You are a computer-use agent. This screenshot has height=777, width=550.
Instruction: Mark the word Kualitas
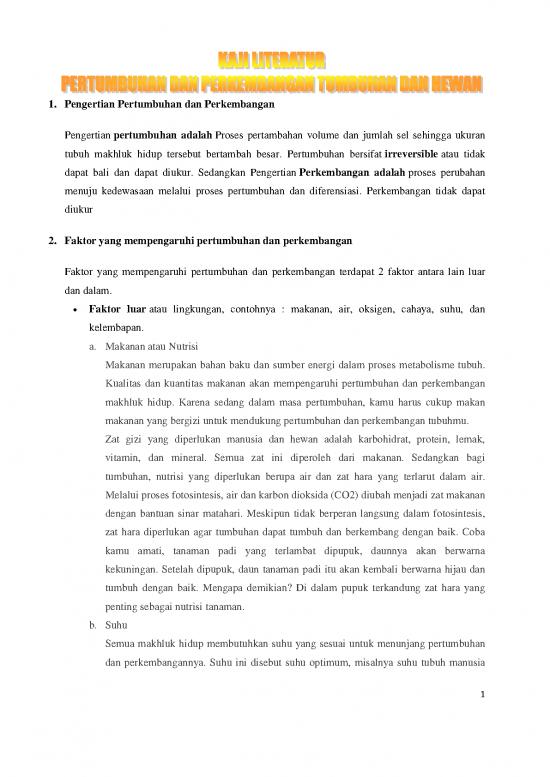pos(125,383)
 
